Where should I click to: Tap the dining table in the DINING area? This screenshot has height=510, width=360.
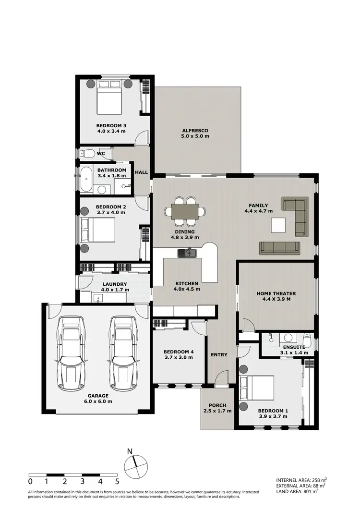(185, 211)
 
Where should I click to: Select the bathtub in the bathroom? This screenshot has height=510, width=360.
(87, 180)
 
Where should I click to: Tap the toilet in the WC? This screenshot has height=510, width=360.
(87, 154)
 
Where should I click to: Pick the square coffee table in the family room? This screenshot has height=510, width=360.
(278, 225)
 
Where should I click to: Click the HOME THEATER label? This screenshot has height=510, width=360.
(276, 293)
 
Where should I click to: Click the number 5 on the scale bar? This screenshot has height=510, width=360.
(117, 481)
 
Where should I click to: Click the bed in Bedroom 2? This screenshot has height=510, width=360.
(99, 230)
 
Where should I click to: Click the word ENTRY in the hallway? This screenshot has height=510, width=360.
(218, 354)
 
